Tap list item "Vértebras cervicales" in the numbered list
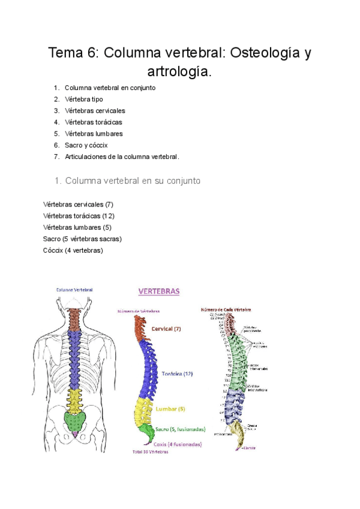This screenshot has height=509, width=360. pyautogui.click(x=95, y=110)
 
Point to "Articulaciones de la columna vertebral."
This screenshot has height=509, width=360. pyautogui.click(x=122, y=157)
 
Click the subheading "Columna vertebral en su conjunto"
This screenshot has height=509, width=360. pyautogui.click(x=133, y=180)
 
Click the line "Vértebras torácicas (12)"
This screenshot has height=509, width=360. pyautogui.click(x=79, y=215)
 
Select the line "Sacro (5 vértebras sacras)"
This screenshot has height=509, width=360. pyautogui.click(x=82, y=238)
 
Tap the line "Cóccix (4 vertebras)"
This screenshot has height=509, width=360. pyautogui.click(x=73, y=250)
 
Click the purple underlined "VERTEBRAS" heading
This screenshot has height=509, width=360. pyautogui.click(x=159, y=292)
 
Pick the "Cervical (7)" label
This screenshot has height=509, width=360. pyautogui.click(x=166, y=329)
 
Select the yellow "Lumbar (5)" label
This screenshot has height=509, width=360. pyautogui.click(x=170, y=409)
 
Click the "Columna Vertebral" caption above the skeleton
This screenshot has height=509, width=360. pyautogui.click(x=74, y=289)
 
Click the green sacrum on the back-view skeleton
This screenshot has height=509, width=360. pyautogui.click(x=75, y=419)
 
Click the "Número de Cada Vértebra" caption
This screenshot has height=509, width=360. pyautogui.click(x=227, y=310)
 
